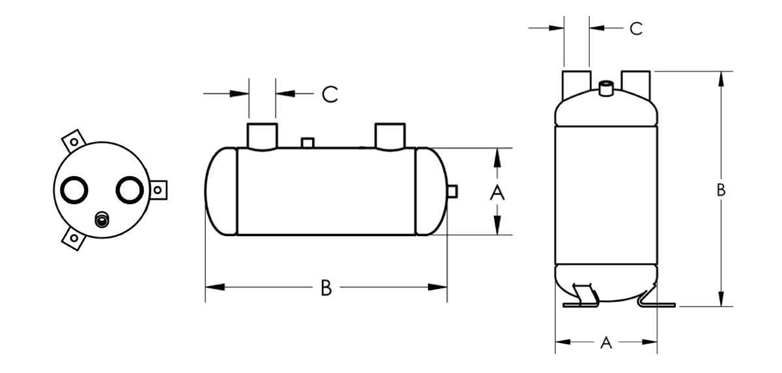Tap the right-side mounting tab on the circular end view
pos(158,189)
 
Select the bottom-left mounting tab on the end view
pos(72,239)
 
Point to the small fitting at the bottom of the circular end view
pos(101,220)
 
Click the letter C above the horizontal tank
pos(330,95)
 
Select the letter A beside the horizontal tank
pos(497,192)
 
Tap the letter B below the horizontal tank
pos(326,288)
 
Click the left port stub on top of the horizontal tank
pos(262,135)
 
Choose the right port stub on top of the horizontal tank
pos(390,135)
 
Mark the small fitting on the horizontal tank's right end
pos(452,191)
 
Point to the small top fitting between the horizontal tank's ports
pos(308,142)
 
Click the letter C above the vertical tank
pos(635,29)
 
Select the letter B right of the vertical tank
pos(721,190)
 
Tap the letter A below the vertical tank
pos(606,342)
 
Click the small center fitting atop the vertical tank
pos(605,88)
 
